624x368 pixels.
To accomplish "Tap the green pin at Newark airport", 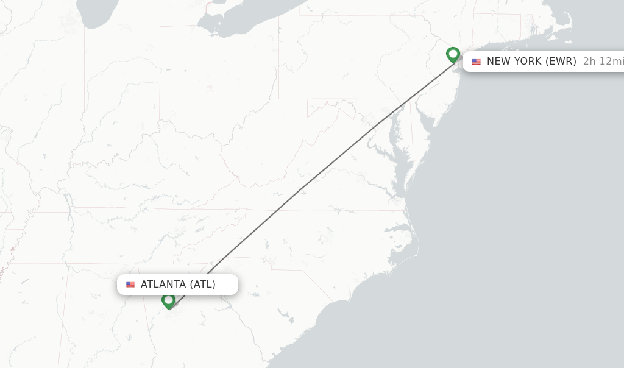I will pos(453,54).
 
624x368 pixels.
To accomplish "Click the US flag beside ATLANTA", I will pos(130,285).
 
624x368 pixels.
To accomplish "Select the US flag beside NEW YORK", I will pos(476,62).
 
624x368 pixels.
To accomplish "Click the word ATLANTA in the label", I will pos(163,285).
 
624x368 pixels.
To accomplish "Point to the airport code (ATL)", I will pos(202,285).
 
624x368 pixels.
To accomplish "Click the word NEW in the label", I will pos(499,62).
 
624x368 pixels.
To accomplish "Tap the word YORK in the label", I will pos(528,62).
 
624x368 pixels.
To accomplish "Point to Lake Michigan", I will pos(97,12).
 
